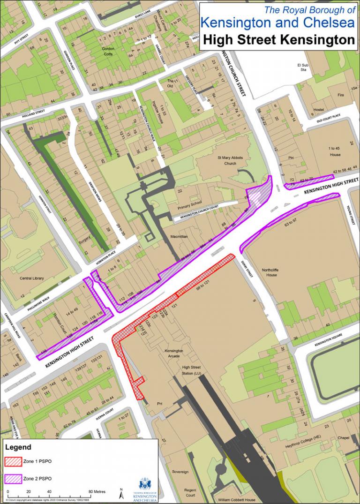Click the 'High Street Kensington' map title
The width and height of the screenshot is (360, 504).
(x=279, y=40)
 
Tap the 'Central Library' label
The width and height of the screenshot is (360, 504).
(x=32, y=278)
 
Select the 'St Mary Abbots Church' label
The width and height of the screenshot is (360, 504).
(x=230, y=161)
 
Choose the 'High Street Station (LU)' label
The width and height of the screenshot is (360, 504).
(x=191, y=370)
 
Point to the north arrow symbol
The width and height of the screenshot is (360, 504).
(x=121, y=494)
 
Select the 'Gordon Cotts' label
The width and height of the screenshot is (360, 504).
(x=108, y=51)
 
